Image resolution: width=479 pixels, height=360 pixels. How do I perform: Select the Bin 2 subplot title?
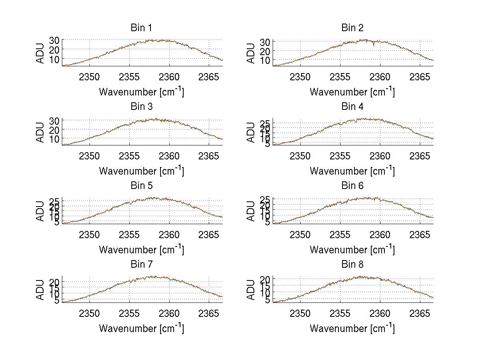(x=352, y=28)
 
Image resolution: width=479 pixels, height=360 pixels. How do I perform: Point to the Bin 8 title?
(x=352, y=265)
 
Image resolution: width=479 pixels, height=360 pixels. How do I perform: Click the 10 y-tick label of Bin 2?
(x=265, y=60)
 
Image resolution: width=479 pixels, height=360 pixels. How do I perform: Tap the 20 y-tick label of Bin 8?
(x=265, y=279)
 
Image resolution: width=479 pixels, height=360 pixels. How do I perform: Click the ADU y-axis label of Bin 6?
(x=251, y=211)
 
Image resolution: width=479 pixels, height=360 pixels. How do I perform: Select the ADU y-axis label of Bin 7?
(x=40, y=290)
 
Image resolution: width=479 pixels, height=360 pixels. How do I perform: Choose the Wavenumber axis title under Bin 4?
(x=352, y=171)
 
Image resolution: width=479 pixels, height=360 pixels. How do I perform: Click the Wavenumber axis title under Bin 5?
(x=141, y=249)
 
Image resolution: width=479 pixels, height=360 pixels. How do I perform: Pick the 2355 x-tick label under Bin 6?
(x=340, y=235)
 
